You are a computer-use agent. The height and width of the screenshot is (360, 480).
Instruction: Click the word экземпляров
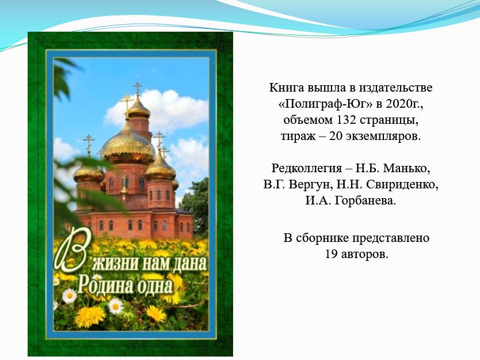tap(383, 137)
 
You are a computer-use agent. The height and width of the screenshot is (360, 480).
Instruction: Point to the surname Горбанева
tap(364, 200)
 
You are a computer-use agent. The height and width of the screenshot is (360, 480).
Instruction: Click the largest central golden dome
tap(128, 146)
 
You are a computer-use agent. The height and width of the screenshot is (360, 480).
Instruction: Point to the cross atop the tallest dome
tap(138, 89)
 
